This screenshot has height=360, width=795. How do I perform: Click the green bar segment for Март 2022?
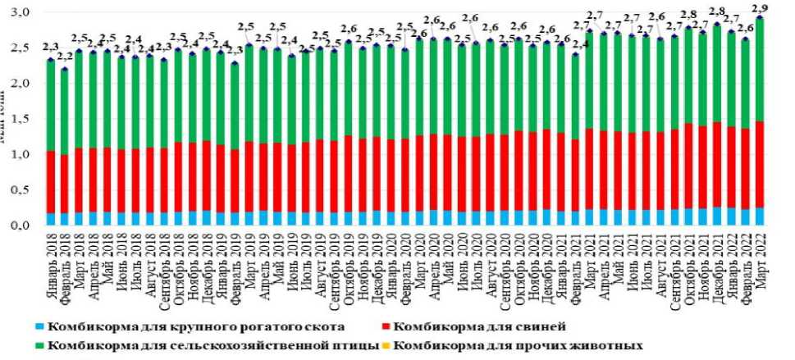[759, 70]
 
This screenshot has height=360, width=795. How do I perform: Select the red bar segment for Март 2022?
[759, 164]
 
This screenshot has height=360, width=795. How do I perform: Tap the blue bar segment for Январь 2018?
[51, 218]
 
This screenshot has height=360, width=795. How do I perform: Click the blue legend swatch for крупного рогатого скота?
[39, 325]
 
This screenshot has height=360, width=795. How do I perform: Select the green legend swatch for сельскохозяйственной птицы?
[39, 344]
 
